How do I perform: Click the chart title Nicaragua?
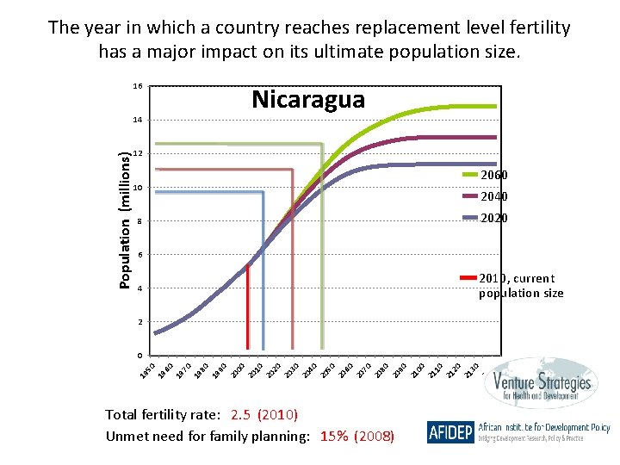[x=308, y=100]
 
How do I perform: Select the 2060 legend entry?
[x=493, y=176]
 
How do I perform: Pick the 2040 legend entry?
[x=493, y=197]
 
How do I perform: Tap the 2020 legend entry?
[x=493, y=219]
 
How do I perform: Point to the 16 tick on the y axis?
[x=137, y=87]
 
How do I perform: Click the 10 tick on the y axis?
[x=137, y=188]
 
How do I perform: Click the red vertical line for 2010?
[x=248, y=310]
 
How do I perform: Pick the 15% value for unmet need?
[x=334, y=437]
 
